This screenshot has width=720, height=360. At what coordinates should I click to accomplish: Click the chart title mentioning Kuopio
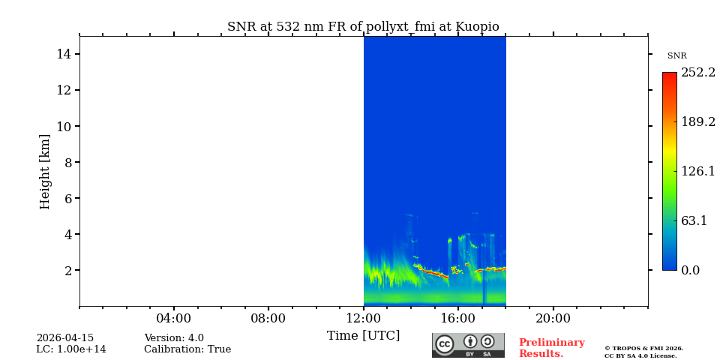point(363,27)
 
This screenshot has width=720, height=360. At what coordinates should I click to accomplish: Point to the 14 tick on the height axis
point(64,54)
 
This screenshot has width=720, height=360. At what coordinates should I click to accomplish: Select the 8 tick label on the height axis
point(67,162)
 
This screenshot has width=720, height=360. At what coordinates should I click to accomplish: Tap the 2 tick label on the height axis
point(67,270)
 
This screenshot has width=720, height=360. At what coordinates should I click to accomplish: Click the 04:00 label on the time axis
point(174,318)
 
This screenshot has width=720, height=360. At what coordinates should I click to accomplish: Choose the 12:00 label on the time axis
point(364,318)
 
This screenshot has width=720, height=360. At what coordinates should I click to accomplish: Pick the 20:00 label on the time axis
point(553,318)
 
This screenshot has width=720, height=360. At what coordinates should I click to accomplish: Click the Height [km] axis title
point(45,171)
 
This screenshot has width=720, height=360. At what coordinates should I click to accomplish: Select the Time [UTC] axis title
point(364,335)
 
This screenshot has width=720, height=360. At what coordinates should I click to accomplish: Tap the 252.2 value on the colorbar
point(697,73)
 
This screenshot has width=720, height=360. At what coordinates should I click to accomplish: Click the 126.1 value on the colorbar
point(697,171)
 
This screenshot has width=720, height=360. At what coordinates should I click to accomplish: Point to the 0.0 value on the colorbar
point(691,270)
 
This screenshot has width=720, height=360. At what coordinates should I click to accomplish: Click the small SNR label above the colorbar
point(676,56)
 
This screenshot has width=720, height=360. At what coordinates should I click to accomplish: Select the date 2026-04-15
point(65,338)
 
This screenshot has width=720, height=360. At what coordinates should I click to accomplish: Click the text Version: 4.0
point(174,338)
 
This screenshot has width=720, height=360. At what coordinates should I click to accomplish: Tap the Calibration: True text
point(187,349)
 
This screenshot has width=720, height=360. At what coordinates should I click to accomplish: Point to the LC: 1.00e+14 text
point(71,349)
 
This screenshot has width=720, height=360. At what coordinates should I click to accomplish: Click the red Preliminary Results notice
point(551,348)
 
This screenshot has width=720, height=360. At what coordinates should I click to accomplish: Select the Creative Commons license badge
point(468,345)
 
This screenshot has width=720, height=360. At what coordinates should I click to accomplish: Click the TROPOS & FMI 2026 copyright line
point(643,348)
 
